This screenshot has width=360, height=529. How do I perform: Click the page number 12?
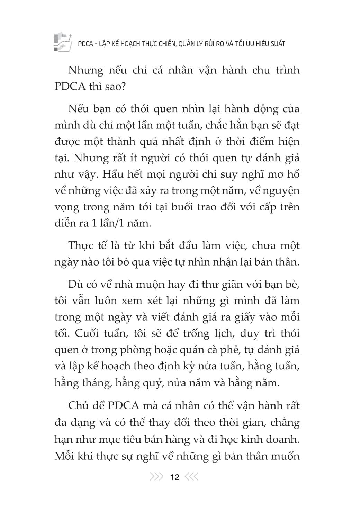(x=175, y=477)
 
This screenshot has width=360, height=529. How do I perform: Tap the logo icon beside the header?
(x=62, y=42)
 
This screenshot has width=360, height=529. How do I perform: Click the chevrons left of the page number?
(x=156, y=477)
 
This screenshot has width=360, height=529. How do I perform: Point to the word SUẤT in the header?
(x=276, y=44)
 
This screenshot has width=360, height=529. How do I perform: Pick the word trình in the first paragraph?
(x=285, y=70)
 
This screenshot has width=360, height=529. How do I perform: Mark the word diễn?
(x=65, y=223)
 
